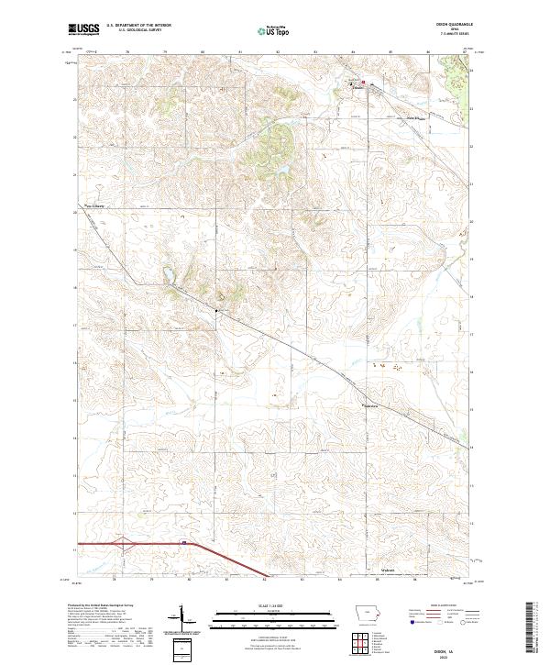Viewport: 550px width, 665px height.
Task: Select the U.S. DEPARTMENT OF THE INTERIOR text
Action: click(145, 26)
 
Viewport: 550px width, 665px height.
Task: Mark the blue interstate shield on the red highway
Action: click(183, 543)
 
